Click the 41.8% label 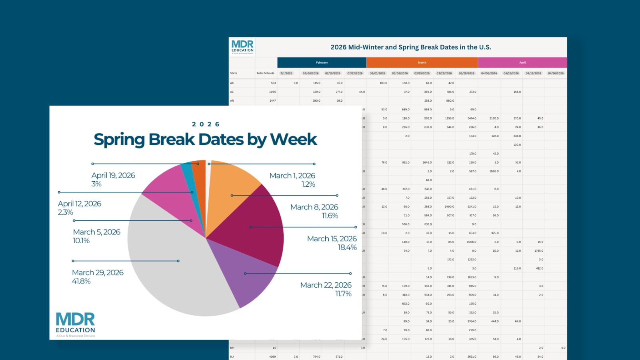(x=81, y=281)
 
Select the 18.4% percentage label (x=347, y=248)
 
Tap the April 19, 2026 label (x=113, y=175)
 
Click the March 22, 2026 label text (x=326, y=285)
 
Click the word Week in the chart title (x=293, y=140)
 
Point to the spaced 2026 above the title (x=206, y=124)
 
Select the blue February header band (x=322, y=62)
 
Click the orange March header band (x=422, y=62)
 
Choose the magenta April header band (x=522, y=62)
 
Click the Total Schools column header (x=265, y=73)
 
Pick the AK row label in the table (x=232, y=83)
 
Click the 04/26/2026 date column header (x=556, y=73)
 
